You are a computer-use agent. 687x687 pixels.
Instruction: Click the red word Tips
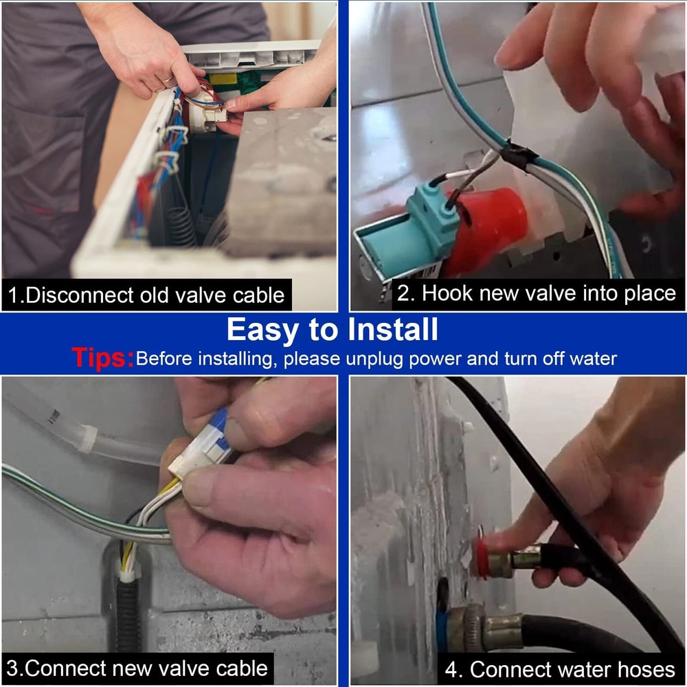(x=102, y=357)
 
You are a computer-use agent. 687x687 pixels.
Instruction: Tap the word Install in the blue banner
(x=392, y=330)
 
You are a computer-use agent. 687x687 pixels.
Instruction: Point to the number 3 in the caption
(x=12, y=668)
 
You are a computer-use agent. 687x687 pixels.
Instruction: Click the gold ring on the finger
(x=168, y=79)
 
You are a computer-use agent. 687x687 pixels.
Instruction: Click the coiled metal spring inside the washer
(x=180, y=226)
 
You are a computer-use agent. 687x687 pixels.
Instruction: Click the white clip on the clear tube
(x=88, y=438)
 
